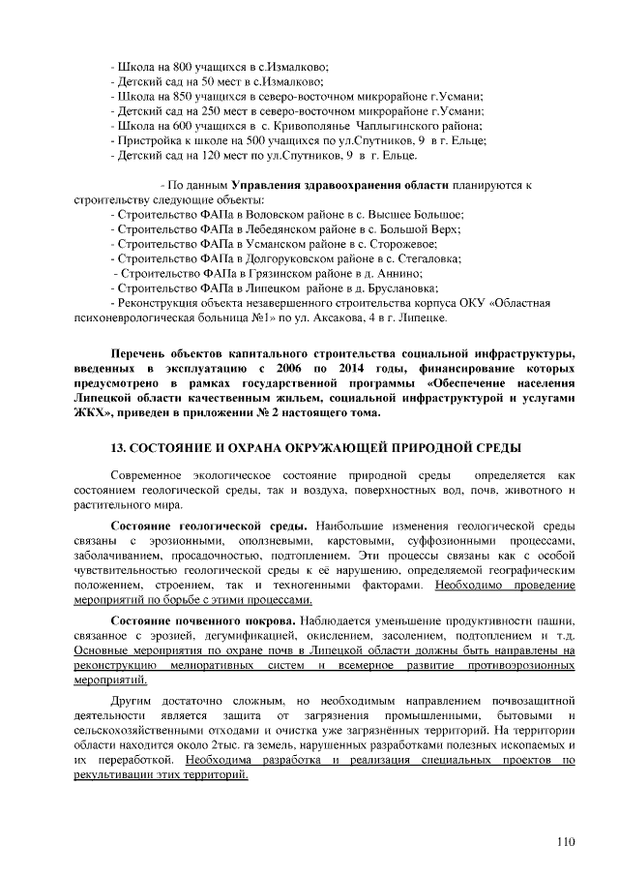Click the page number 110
click(564, 840)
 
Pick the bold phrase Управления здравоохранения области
click(314, 184)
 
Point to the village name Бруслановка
click(403, 288)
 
